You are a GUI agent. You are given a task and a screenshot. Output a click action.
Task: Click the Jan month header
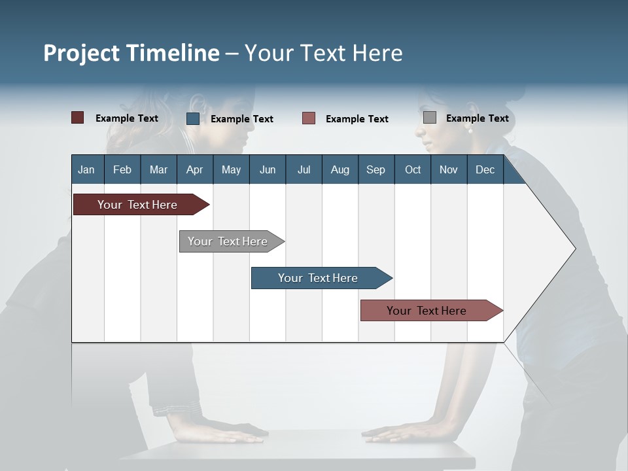86,169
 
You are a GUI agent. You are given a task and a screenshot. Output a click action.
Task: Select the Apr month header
194,169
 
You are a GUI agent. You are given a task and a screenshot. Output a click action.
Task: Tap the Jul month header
304,169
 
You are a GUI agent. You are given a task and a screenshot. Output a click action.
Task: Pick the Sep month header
375,169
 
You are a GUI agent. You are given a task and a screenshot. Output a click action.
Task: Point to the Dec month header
485,169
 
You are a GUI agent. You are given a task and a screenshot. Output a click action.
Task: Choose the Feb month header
122,169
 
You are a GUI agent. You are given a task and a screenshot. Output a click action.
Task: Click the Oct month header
413,169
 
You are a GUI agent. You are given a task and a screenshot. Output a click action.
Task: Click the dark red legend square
77,118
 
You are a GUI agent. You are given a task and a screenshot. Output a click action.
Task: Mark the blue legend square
193,118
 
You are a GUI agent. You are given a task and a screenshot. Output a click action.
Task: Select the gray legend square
430,118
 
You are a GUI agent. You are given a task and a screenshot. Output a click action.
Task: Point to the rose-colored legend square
309,118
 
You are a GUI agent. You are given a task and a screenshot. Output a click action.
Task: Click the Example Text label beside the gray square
477,118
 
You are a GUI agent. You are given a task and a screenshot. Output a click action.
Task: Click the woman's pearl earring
470,130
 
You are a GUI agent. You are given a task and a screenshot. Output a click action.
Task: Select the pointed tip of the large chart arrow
574,249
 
